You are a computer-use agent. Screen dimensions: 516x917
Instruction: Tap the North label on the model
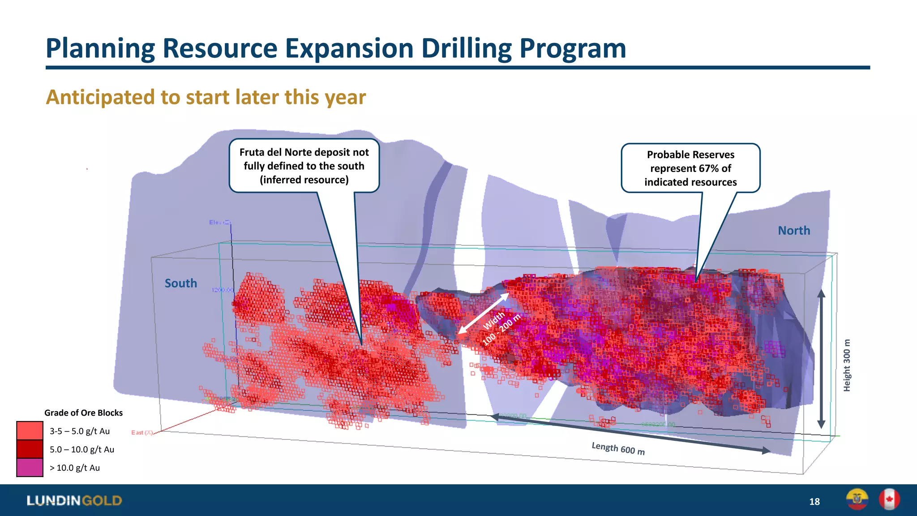(794, 231)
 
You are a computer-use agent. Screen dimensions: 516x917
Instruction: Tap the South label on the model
(181, 284)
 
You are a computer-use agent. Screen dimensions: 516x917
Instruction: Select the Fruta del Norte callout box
(304, 166)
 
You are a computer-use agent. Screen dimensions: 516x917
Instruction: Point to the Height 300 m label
(847, 365)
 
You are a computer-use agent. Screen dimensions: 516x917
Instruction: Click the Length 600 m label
(618, 448)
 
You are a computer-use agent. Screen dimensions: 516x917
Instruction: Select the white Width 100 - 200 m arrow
(483, 314)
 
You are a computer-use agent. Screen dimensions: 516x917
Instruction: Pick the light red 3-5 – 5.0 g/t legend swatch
(30, 431)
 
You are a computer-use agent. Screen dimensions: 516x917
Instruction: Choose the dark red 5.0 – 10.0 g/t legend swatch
(30, 449)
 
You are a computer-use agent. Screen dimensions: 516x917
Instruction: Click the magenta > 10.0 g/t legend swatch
(30, 468)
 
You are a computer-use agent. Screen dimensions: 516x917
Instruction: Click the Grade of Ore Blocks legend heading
(83, 413)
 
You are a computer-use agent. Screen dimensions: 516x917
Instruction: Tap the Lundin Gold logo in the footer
(74, 500)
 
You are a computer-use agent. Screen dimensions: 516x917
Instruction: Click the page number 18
(814, 502)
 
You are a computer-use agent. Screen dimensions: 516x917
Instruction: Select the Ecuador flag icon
(857, 499)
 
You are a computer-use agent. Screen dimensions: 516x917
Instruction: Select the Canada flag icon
(889, 499)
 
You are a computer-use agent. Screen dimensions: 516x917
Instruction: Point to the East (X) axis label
(142, 433)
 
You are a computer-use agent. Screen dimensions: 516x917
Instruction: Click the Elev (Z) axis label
(219, 223)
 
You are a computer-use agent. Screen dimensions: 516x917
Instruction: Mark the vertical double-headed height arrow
(821, 358)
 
